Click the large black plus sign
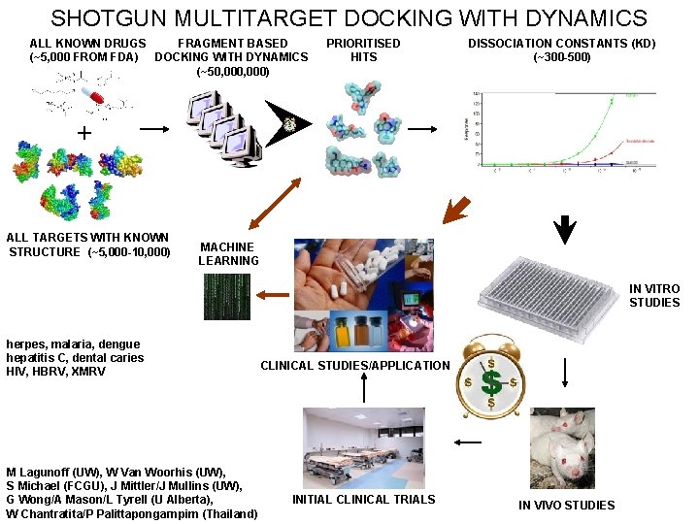[85, 133]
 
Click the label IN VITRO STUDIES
[654, 295]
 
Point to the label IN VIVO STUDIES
[566, 505]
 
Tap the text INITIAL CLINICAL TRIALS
[364, 499]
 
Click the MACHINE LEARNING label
[228, 254]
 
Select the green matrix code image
[226, 297]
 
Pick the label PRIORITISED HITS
[363, 49]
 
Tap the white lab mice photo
[562, 447]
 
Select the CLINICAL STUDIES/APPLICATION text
[355, 366]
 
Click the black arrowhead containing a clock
[290, 123]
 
